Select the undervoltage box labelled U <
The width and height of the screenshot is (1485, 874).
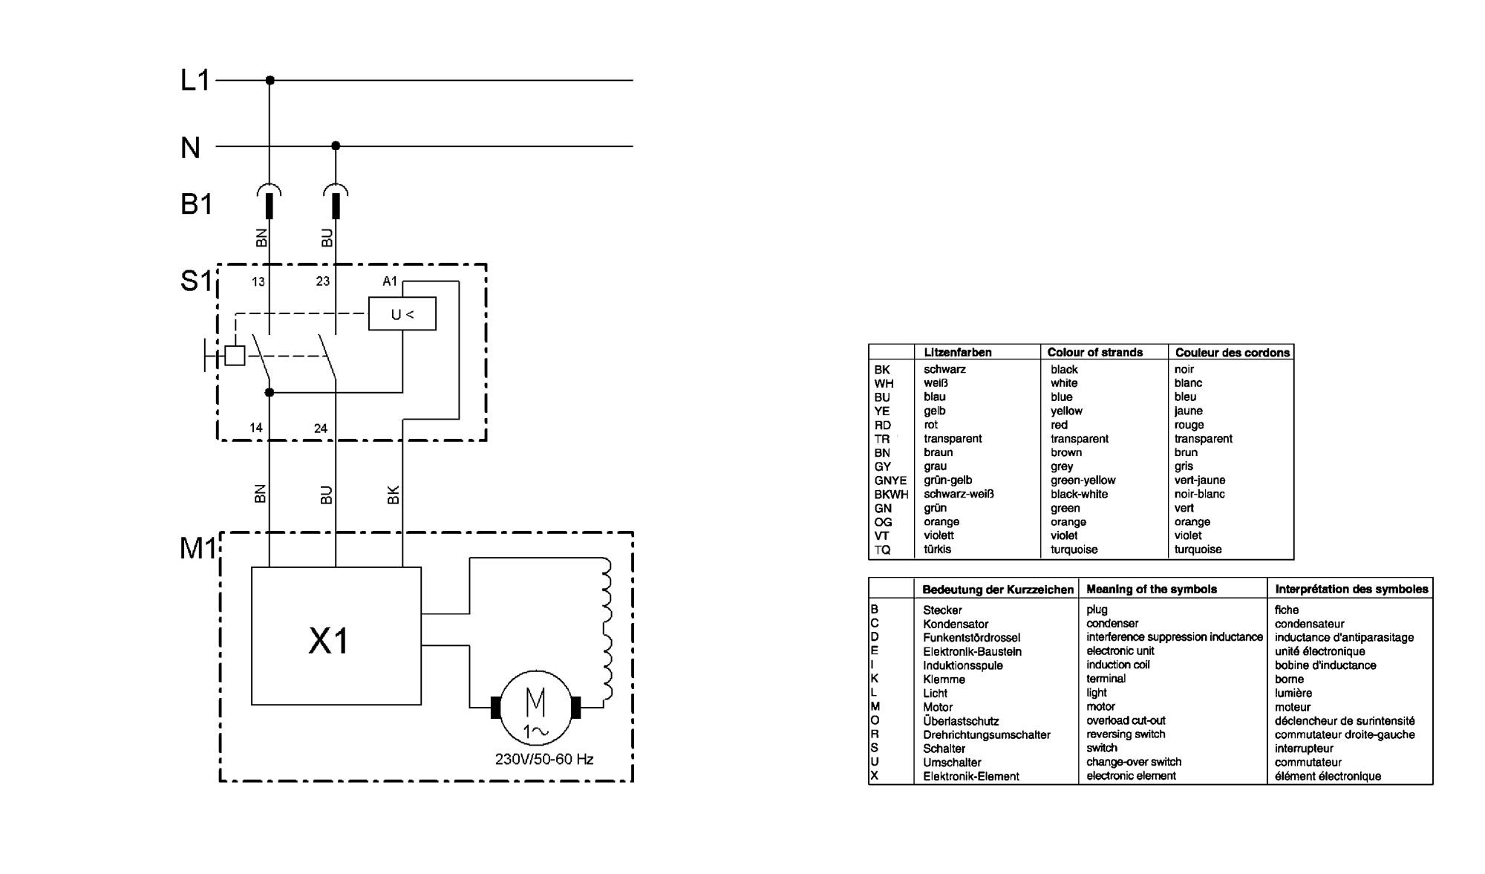click(x=402, y=314)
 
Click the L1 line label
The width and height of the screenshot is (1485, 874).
click(x=195, y=79)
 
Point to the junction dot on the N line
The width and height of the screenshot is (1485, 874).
click(x=336, y=146)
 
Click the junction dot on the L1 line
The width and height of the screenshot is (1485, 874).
click(x=270, y=79)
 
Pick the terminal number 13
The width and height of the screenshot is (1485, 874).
click(x=258, y=281)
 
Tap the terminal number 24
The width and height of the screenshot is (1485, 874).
click(x=321, y=428)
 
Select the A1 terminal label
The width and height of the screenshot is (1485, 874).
click(x=390, y=281)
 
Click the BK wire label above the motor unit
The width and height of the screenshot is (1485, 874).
click(x=394, y=495)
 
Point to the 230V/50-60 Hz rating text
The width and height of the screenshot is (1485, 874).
click(x=544, y=759)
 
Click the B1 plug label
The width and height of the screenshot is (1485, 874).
click(x=196, y=203)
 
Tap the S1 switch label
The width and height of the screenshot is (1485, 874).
click(x=197, y=281)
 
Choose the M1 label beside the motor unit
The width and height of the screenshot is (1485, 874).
click(x=198, y=548)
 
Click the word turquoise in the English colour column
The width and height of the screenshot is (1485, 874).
click(x=1074, y=549)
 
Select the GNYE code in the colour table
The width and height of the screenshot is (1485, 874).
click(x=890, y=480)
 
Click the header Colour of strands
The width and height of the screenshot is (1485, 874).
click(x=1094, y=352)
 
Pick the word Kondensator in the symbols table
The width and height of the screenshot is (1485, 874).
click(x=956, y=624)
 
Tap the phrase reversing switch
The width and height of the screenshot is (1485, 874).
click(x=1126, y=734)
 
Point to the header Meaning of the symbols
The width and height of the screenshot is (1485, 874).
click(x=1152, y=589)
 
